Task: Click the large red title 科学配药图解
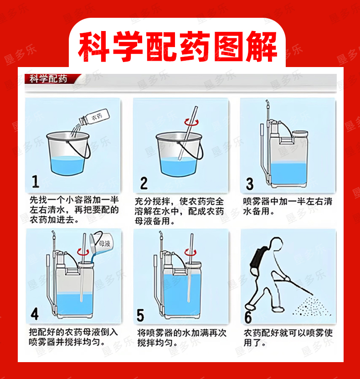[x=177, y=46]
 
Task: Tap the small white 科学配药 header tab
[x=48, y=79]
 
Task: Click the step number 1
[x=36, y=182]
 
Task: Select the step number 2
[x=144, y=183]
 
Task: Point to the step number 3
[x=250, y=184]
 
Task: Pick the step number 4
[x=35, y=314]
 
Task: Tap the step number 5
[x=140, y=315]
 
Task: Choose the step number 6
[x=248, y=317]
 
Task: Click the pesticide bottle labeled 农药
[x=95, y=118]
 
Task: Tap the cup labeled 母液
[x=100, y=243]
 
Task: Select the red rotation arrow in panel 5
[x=190, y=252]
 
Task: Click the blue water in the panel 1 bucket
[x=67, y=166]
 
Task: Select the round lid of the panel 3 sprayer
[x=300, y=134]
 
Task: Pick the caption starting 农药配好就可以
[x=288, y=337]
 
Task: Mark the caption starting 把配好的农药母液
[x=73, y=337]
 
